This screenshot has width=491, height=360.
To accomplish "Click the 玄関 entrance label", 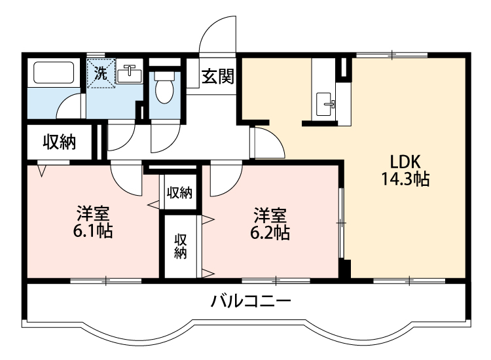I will click(x=217, y=76).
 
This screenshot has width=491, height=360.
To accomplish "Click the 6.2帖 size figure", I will click(x=270, y=232).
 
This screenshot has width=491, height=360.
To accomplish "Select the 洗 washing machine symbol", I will click(x=101, y=73).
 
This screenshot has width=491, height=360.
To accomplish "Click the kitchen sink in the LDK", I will click(x=325, y=103).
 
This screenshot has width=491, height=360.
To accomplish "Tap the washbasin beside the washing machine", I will click(x=130, y=74).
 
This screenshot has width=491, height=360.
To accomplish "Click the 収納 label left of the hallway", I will click(x=59, y=141).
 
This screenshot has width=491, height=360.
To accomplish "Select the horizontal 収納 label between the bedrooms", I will click(x=179, y=192).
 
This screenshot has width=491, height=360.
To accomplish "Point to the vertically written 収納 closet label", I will click(x=180, y=245).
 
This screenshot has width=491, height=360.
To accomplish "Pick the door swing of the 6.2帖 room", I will click(x=223, y=178).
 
